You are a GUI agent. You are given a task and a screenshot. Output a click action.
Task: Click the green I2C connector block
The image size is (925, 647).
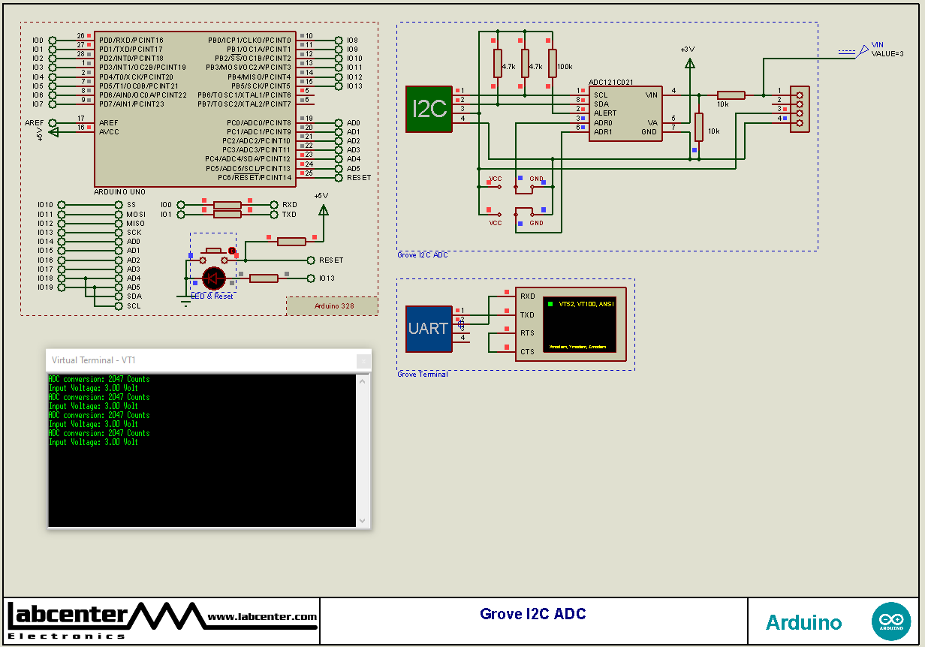(429, 110)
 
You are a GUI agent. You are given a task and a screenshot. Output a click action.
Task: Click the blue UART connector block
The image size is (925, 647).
(429, 329)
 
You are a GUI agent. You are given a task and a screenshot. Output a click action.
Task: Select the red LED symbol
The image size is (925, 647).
(214, 278)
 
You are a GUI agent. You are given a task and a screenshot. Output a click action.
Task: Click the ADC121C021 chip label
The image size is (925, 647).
(610, 83)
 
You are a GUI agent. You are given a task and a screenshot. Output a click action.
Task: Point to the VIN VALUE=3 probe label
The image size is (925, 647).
(887, 50)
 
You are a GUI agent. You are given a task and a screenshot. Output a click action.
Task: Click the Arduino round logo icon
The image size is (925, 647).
(891, 621)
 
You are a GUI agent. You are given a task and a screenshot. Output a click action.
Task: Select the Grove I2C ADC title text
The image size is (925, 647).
(532, 614)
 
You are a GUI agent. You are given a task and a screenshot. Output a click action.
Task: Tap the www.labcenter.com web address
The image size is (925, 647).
(262, 617)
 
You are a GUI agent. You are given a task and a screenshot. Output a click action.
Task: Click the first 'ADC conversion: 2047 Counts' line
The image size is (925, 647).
(99, 380)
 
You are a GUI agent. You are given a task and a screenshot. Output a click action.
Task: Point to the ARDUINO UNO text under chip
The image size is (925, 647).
(120, 192)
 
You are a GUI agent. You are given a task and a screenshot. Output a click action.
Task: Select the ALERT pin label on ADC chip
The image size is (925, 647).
(605, 113)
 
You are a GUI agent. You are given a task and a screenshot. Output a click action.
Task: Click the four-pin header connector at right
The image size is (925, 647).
(800, 109)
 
